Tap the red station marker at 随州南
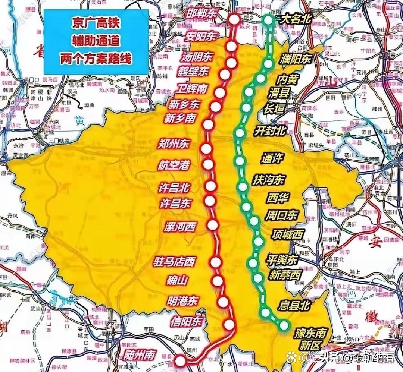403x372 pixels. pos(180,360)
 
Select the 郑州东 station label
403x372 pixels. pos(174,144)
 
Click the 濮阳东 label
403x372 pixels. pos(295,59)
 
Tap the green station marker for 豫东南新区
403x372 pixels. pos(284,325)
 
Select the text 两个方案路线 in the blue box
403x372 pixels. pos(96,59)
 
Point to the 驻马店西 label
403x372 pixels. pos(174,262)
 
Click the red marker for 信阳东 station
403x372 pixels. pos(230,325)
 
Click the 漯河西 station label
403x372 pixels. pos(180,226)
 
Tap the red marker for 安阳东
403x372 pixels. pos(232,46)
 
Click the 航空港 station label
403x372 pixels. pos(174,165)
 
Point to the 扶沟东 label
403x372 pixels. pos(268,180)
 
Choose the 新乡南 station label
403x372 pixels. pos(180,119)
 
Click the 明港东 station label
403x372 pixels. pos(183,300)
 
